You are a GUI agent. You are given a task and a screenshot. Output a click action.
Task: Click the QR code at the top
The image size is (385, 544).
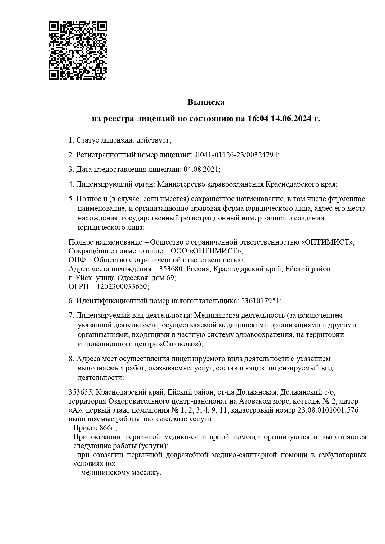(x=78, y=51)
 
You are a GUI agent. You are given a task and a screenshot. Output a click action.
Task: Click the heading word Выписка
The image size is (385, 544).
(x=206, y=102)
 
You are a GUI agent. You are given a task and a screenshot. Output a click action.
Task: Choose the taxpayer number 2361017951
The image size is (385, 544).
(x=260, y=301)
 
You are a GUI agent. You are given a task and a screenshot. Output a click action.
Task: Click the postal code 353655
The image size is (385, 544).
(x=80, y=392)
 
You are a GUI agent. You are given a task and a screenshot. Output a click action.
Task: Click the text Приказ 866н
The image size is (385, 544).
(x=95, y=428)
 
